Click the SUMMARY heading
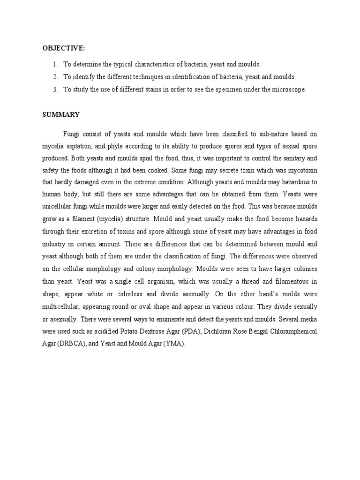pyautogui.click(x=61, y=114)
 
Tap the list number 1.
pyautogui.click(x=55, y=64)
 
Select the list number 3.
pyautogui.click(x=55, y=90)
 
